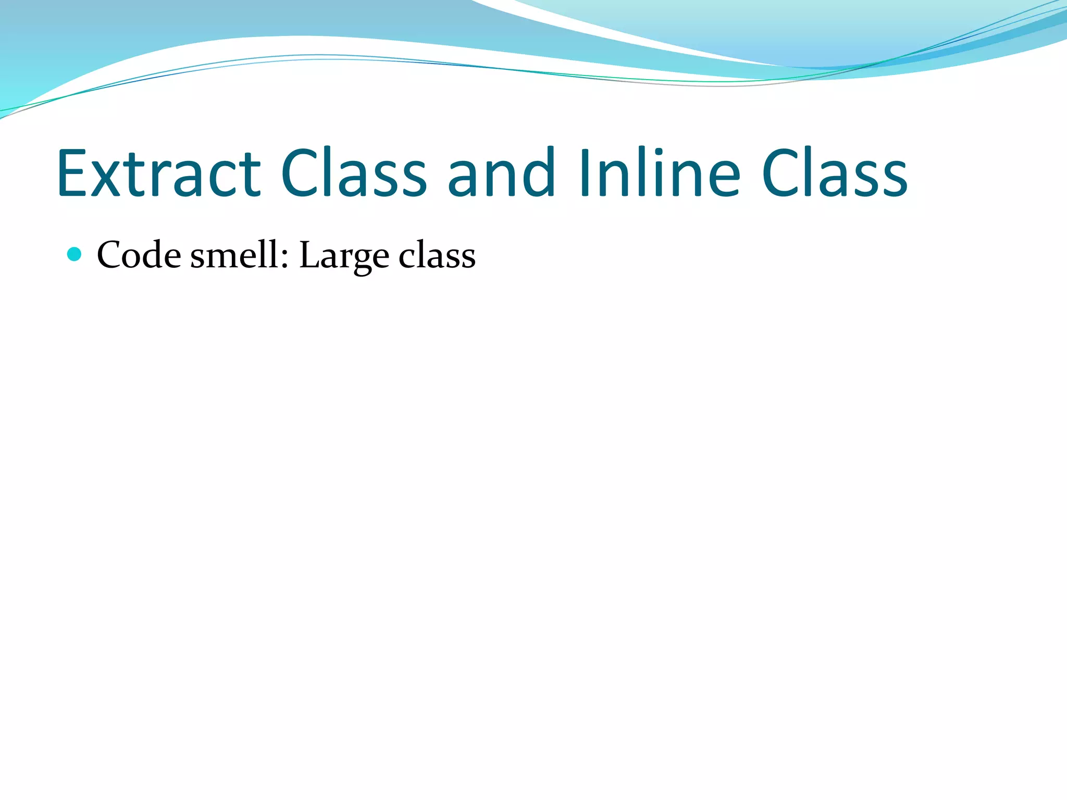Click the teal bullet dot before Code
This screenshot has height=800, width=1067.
coord(75,254)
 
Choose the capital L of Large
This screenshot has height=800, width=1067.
coord(308,255)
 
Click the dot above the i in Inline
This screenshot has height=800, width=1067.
coord(644,152)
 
